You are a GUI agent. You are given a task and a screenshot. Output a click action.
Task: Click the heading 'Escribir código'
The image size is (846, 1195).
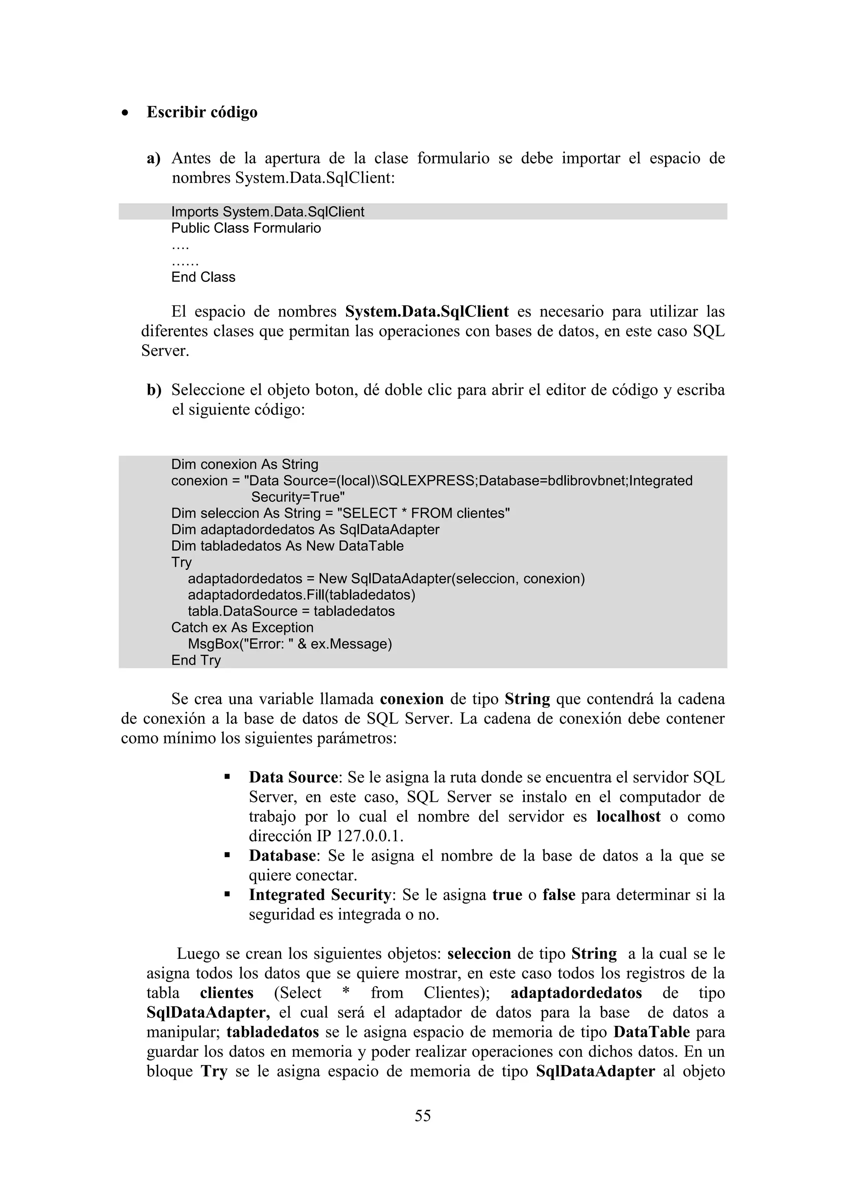point(202,112)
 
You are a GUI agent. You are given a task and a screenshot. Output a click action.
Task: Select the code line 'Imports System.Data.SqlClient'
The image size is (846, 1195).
point(267,212)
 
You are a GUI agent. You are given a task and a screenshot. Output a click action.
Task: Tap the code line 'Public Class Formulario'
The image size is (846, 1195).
point(246,228)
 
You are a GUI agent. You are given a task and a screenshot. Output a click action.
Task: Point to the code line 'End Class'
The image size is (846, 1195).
point(203,277)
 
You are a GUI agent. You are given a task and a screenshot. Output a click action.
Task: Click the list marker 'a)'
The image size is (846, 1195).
point(153,158)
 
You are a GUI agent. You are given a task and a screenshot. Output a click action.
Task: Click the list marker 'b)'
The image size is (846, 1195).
point(154,390)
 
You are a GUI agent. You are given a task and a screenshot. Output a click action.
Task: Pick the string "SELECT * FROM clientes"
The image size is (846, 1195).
point(423,513)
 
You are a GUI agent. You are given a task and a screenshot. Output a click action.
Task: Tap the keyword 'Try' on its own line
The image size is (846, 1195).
point(181,562)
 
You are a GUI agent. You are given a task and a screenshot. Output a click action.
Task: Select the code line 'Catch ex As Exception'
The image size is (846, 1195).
point(242,627)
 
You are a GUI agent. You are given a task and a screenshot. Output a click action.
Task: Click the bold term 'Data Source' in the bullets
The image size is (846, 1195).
point(293,777)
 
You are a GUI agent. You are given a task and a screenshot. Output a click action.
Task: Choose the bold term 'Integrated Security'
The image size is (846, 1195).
point(320,895)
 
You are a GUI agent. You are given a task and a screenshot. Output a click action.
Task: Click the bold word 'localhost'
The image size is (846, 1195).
point(628,816)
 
